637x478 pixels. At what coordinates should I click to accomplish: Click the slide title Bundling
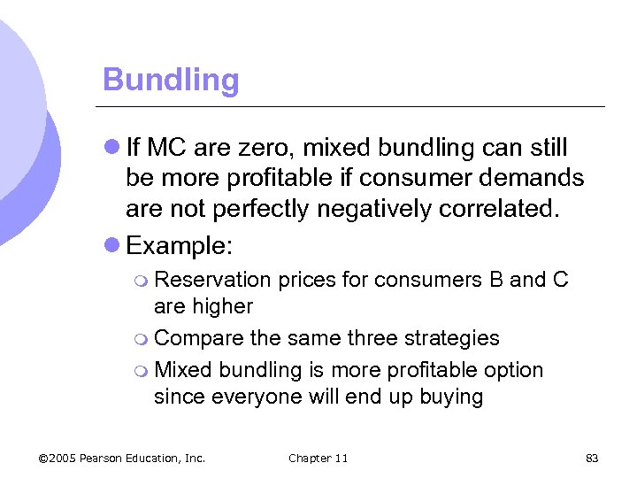click(171, 81)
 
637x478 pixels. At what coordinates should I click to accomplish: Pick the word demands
click(532, 179)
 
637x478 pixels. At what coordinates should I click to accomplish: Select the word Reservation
click(212, 281)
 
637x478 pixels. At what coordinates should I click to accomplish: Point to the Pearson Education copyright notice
click(122, 458)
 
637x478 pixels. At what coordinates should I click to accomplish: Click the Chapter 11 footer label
click(318, 458)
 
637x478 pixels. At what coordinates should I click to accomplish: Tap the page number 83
click(593, 458)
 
